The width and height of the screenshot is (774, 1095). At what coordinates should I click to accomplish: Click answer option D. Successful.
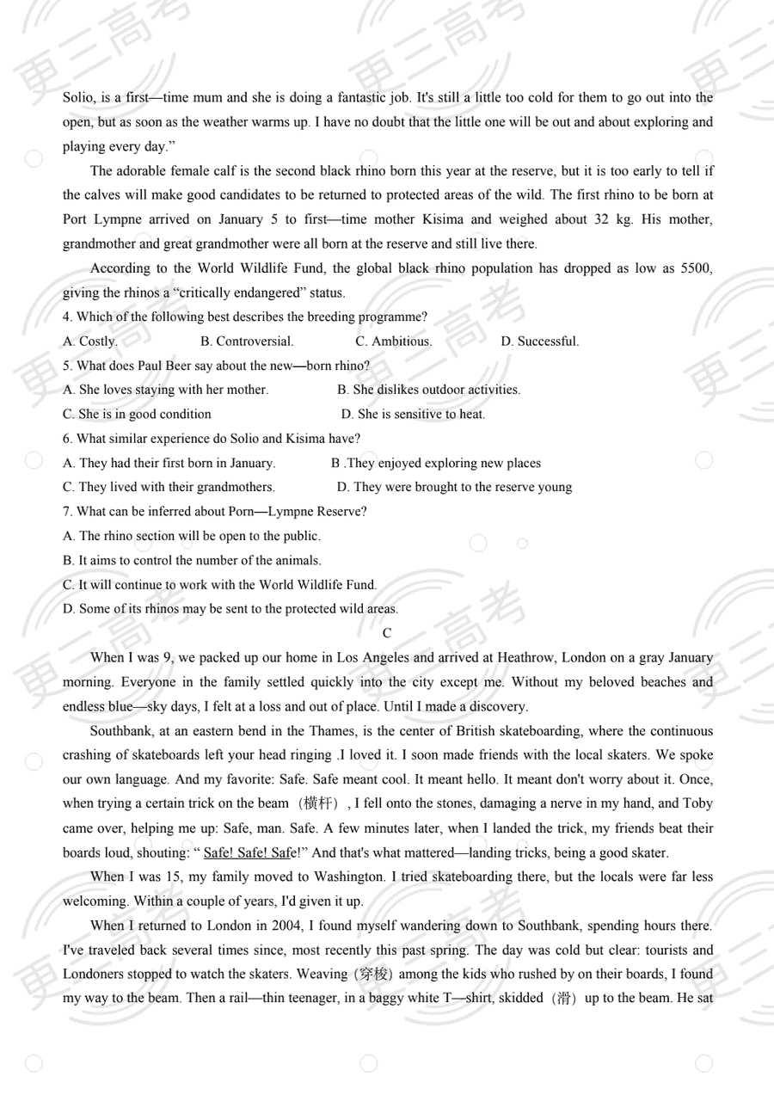tap(540, 341)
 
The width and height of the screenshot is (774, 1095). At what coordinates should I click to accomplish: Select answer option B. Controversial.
tap(246, 341)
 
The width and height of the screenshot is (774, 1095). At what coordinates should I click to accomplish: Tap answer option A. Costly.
tap(89, 341)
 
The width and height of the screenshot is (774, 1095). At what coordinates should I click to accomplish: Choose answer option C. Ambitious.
tap(394, 341)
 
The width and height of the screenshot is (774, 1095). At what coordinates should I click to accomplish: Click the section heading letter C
tap(387, 633)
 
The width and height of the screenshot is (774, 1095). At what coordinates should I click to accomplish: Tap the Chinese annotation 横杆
tap(316, 804)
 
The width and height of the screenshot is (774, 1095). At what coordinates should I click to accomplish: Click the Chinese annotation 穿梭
tap(372, 975)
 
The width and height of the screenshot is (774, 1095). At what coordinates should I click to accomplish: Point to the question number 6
tap(67, 439)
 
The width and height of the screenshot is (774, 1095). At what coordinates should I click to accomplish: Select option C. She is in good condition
tap(137, 414)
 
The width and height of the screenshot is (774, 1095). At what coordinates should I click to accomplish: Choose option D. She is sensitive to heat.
tap(413, 414)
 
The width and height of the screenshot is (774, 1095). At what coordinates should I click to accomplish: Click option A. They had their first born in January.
tap(169, 463)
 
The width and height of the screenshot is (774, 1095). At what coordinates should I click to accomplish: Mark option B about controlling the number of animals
tap(192, 560)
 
